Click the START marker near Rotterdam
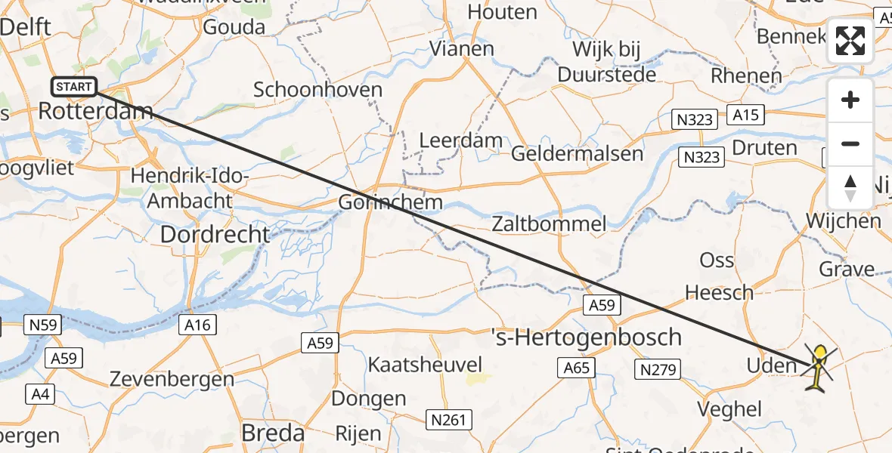tap(73, 87)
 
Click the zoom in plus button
tap(850, 100)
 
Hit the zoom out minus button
tap(850, 143)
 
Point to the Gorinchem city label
tap(390, 202)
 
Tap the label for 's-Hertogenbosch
tap(587, 337)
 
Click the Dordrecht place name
tap(215, 235)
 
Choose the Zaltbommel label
tap(549, 223)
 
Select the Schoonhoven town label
tap(317, 90)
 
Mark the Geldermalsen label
tap(578, 153)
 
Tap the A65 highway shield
tap(578, 368)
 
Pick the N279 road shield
tap(659, 369)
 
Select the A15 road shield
tap(745, 115)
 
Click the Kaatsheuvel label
tap(425, 365)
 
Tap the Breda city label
tap(272, 433)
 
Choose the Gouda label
tap(234, 27)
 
